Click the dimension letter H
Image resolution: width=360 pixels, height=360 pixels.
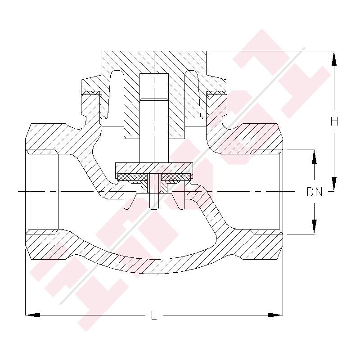[x=334, y=121]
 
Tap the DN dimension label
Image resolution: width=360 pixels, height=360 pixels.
[x=315, y=192]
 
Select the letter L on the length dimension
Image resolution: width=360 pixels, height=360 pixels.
[x=154, y=316]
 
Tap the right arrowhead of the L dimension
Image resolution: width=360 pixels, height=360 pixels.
[x=275, y=315]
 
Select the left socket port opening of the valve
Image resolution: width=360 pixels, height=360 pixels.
[x=42, y=192]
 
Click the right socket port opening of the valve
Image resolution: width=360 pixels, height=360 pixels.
[x=266, y=192]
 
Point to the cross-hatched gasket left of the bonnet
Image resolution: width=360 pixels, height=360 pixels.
[x=92, y=93]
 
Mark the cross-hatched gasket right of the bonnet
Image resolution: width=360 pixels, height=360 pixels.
[x=216, y=93]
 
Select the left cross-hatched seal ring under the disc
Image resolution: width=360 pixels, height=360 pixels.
[x=133, y=177]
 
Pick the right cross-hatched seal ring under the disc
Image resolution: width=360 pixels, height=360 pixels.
[x=175, y=177]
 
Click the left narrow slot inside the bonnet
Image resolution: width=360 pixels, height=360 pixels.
[x=117, y=94]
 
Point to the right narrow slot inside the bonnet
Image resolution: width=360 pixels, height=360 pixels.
[x=192, y=94]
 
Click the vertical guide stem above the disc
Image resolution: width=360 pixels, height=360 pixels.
[x=154, y=135]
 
